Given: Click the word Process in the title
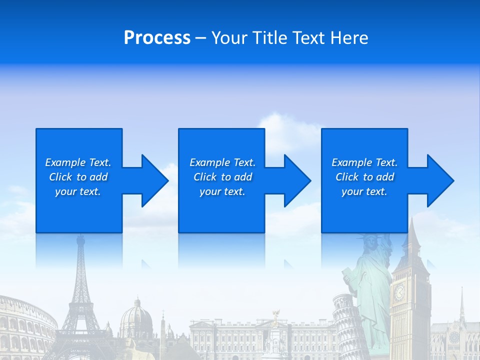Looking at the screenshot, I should click(157, 38).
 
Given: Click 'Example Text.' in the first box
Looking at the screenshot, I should click(78, 162).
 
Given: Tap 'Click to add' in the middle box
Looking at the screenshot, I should click(222, 177).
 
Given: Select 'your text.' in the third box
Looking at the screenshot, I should click(364, 191).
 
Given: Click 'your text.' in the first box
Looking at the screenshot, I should click(78, 191).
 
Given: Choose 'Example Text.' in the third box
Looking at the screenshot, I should click(364, 162).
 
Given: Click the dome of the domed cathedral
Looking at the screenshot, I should click(136, 315).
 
